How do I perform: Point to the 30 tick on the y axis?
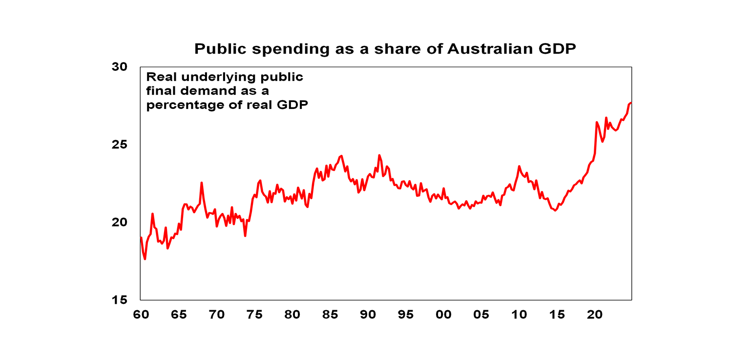(x=120, y=67)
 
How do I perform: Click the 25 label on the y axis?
(x=120, y=145)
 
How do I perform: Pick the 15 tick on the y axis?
(x=120, y=300)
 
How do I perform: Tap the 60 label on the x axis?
(x=141, y=315)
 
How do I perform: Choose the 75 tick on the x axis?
(x=254, y=315)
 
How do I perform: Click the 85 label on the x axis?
(x=330, y=315)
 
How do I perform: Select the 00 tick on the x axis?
(x=443, y=315)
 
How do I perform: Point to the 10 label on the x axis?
(x=519, y=315)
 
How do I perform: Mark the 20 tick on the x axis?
(x=594, y=315)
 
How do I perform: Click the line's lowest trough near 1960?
(x=145, y=259)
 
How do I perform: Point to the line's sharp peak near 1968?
(x=201, y=183)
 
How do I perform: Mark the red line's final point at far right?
(x=631, y=103)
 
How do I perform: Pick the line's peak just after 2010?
(x=519, y=166)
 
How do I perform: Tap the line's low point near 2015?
(x=555, y=211)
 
